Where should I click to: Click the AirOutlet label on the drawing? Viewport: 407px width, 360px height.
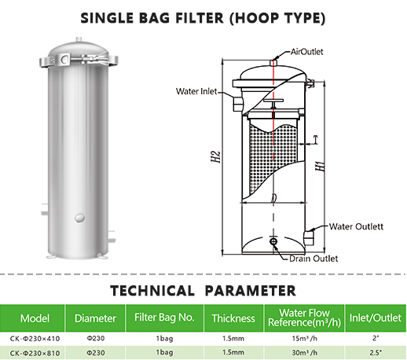pos(306,52)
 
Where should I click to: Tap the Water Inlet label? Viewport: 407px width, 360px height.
pos(196,91)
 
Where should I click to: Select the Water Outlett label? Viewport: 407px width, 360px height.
pos(356,226)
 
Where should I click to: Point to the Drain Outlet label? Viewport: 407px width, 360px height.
pos(313,259)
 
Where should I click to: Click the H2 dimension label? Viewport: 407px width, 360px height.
pos(216,156)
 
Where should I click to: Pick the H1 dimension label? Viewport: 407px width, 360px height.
pos(320,167)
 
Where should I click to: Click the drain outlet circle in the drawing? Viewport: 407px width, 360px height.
pos(273,241)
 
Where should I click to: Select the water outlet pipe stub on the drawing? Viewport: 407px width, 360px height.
pos(309,237)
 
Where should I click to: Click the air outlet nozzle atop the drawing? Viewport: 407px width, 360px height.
pos(273,63)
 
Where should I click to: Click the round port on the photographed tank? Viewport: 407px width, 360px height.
pos(79,218)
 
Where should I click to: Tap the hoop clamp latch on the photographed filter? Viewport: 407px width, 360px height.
pos(64,59)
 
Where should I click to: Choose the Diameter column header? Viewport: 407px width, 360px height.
pos(95,318)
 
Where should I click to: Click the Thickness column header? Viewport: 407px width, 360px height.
pos(233,318)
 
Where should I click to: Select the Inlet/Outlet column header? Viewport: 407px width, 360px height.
pos(376,318)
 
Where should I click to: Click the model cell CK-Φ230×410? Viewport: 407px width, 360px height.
pos(35,339)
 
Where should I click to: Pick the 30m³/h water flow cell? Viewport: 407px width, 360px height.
pos(304,353)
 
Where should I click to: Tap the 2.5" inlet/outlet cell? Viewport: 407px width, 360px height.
pos(376,353)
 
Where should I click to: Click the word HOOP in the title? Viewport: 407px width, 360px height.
pos(258,18)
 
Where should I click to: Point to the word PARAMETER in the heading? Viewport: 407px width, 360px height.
pos(251,291)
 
